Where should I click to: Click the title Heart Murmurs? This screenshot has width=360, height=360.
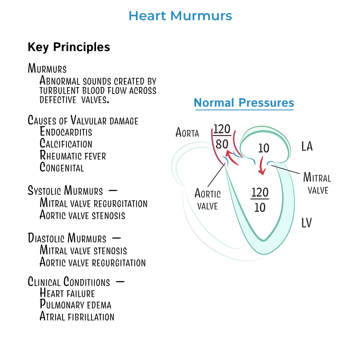pyautogui.click(x=180, y=16)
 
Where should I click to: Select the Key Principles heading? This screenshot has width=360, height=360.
pyautogui.click(x=69, y=47)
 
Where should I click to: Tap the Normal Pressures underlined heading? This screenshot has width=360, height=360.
pyautogui.click(x=244, y=103)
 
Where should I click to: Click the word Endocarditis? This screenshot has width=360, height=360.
pyautogui.click(x=66, y=132)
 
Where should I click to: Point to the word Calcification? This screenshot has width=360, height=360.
pyautogui.click(x=66, y=144)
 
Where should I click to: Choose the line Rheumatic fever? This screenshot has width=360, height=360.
pyautogui.click(x=73, y=155)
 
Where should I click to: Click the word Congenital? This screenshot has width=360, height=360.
pyautogui.click(x=62, y=167)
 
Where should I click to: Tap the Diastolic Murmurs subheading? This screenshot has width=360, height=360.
pyautogui.click(x=67, y=238)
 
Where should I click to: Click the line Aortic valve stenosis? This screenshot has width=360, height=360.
pyautogui.click(x=82, y=215)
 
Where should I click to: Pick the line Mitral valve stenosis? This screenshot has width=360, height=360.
pyautogui.click(x=83, y=251)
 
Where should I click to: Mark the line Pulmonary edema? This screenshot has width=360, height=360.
pyautogui.click(x=75, y=305)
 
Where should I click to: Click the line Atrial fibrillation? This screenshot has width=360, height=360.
pyautogui.click(x=77, y=317)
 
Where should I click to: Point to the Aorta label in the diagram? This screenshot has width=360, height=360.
pyautogui.click(x=187, y=132)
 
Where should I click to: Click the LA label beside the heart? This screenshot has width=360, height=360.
pyautogui.click(x=307, y=147)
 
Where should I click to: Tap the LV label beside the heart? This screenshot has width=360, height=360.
pyautogui.click(x=306, y=223)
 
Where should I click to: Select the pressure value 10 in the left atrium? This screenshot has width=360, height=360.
pyautogui.click(x=264, y=148)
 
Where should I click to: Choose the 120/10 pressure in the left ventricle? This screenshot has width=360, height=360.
pyautogui.click(x=260, y=200)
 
